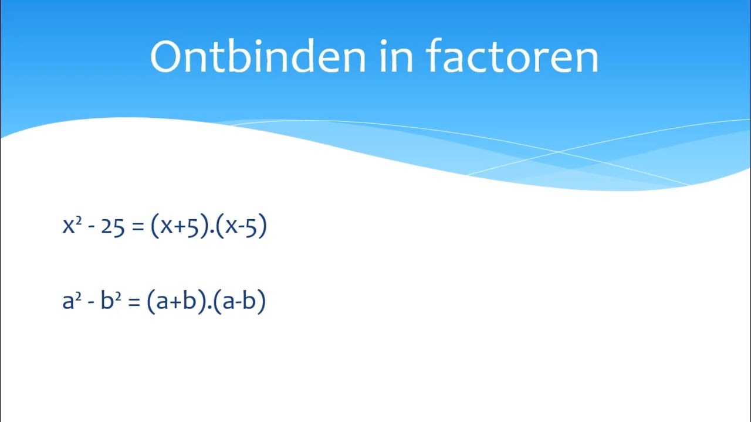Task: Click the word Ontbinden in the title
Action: coord(258,57)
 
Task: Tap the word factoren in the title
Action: coord(512,57)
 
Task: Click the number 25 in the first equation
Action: coord(113,227)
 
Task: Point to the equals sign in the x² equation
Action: coord(138,227)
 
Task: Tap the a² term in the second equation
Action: coord(72,301)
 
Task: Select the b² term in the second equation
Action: coord(111,301)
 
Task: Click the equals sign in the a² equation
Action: coord(134,302)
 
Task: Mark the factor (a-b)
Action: coord(239,301)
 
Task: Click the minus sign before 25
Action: coord(92,228)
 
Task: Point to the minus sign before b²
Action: coord(92,303)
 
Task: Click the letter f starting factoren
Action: coord(435,56)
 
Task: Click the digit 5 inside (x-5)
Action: coord(251,227)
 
